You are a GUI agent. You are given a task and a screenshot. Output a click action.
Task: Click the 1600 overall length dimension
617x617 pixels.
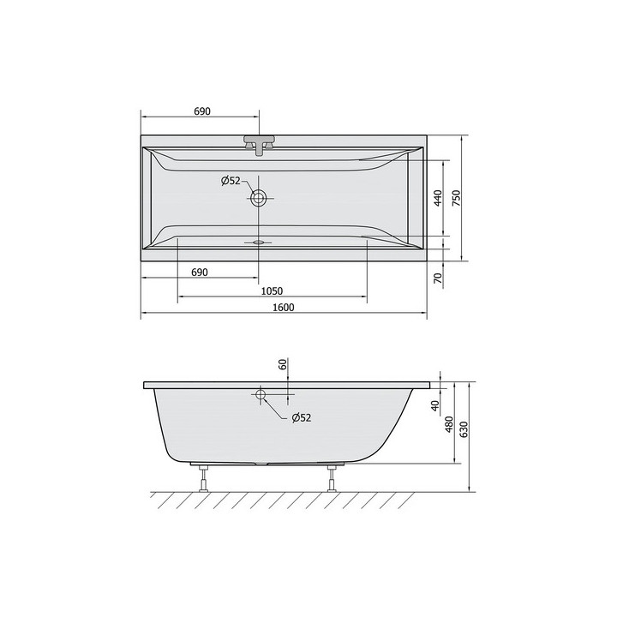tap(284, 307)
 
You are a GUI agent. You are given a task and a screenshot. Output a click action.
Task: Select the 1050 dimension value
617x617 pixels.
tap(272, 291)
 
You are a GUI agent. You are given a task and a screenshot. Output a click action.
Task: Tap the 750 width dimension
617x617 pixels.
tap(456, 199)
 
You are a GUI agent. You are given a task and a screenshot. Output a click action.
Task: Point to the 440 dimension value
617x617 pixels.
tap(439, 199)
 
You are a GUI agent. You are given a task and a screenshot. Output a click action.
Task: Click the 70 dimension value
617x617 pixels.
tap(438, 279)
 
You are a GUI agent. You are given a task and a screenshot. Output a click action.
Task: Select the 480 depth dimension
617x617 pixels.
tap(449, 425)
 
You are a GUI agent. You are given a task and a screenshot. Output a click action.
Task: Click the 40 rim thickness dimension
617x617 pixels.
tap(434, 405)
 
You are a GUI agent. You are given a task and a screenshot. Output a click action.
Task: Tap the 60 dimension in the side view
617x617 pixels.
tap(282, 364)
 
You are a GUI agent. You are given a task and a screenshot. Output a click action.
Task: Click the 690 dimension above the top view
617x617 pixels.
tap(202, 111)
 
